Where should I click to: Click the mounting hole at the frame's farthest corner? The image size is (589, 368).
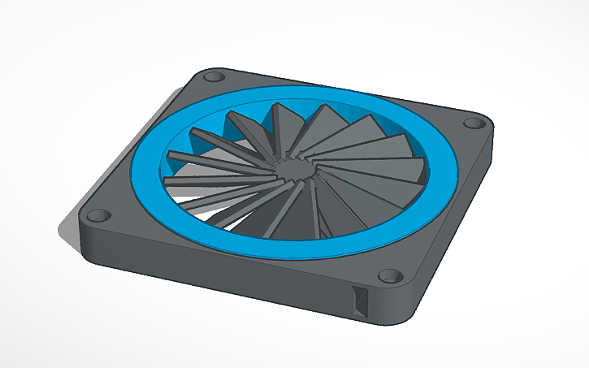[214, 77]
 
